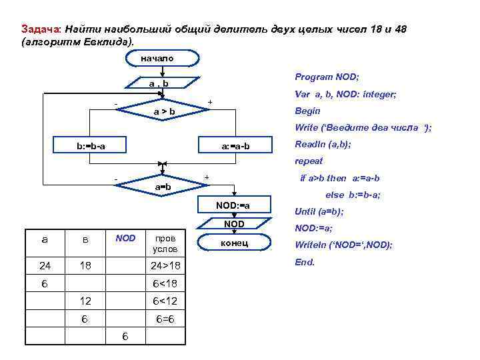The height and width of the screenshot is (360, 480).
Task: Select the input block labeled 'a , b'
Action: click(x=159, y=84)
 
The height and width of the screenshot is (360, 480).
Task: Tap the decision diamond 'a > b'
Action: click(x=164, y=111)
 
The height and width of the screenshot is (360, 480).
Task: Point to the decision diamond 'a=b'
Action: click(x=163, y=187)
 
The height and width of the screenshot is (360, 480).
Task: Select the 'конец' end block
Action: click(x=233, y=243)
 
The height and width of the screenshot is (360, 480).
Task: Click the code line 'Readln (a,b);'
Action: click(x=323, y=144)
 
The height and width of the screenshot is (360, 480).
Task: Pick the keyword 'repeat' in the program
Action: click(x=308, y=161)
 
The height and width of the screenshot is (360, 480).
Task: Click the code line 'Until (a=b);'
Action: click(x=319, y=212)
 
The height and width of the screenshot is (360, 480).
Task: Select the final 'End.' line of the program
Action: click(x=304, y=262)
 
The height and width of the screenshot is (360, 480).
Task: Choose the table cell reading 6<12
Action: click(x=165, y=301)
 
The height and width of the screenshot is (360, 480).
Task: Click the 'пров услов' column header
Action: click(x=165, y=243)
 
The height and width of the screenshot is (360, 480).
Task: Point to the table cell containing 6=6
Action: click(x=165, y=319)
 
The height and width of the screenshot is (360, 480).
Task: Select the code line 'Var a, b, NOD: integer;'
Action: click(x=345, y=95)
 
